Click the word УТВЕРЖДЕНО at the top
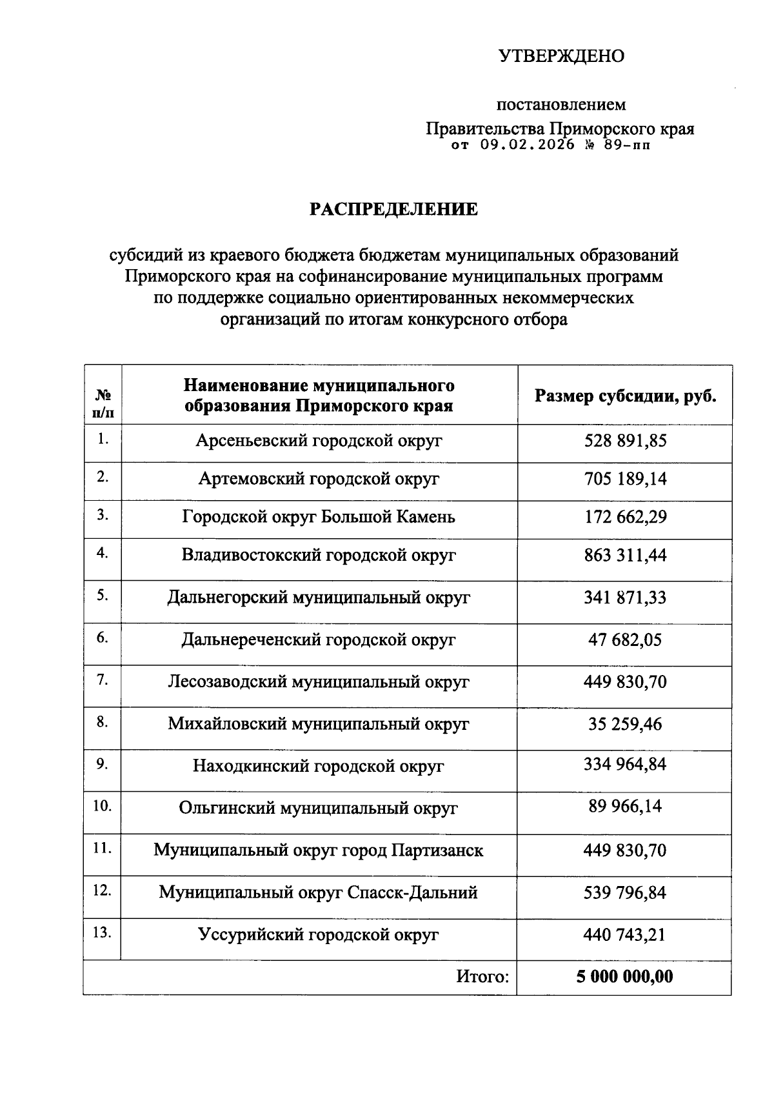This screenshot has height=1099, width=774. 561,57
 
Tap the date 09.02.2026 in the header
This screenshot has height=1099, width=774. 527,145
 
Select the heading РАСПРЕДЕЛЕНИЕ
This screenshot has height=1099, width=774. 394,209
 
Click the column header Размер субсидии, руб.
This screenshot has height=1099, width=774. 625,396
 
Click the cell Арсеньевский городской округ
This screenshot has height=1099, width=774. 319,441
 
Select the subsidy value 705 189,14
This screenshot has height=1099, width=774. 625,479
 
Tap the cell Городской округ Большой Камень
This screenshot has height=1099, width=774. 319,517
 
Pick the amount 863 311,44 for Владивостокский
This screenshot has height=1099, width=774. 625,555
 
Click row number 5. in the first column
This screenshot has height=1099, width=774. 102,596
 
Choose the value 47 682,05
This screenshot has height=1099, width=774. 625,640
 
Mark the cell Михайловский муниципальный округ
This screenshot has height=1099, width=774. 319,724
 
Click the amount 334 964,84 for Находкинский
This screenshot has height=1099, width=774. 625,765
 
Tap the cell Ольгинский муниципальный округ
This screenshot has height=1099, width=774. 319,808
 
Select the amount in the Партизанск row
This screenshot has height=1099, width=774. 625,851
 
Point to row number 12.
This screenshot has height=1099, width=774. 102,891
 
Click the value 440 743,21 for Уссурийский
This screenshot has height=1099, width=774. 625,934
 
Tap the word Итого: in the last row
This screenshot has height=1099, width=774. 482,977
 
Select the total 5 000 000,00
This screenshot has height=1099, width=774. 625,977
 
